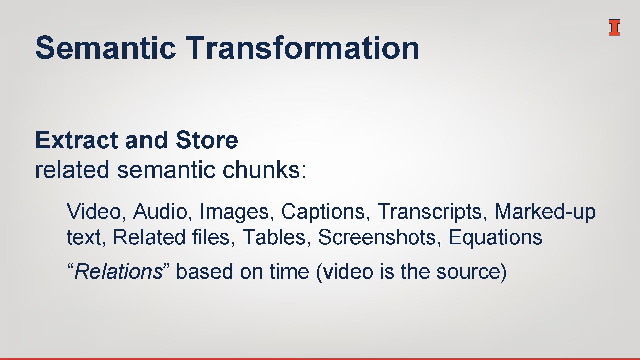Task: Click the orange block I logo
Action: (x=614, y=28)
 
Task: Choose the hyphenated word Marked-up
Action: (x=545, y=212)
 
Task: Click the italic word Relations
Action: (x=118, y=271)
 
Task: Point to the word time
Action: (x=289, y=271)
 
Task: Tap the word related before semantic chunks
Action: (x=72, y=170)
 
